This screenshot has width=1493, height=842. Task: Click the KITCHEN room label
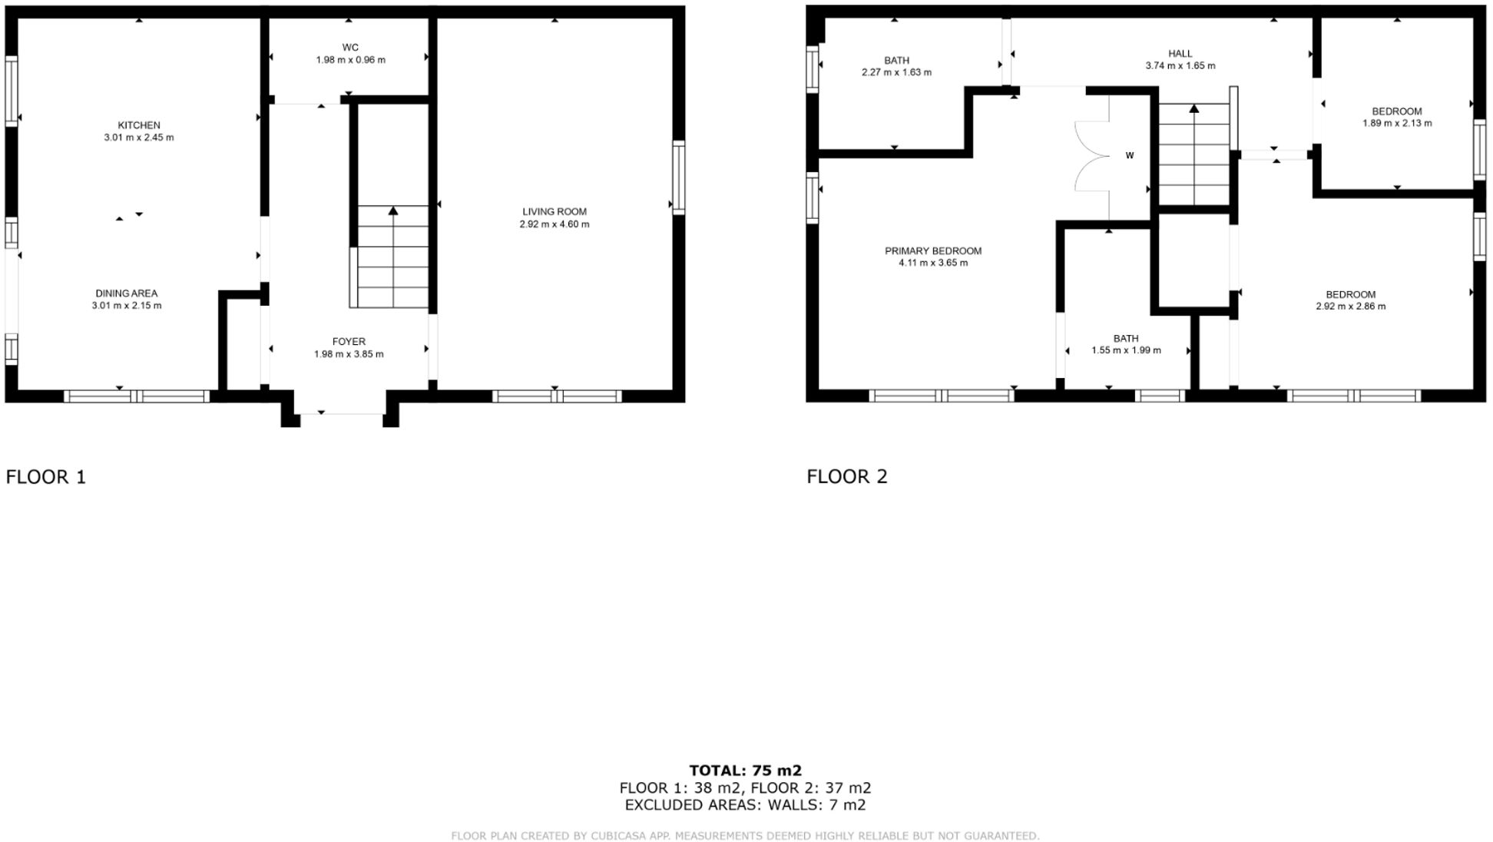coord(139,125)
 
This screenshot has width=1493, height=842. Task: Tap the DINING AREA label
coord(126,293)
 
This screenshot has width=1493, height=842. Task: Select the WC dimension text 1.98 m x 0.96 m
coord(350,60)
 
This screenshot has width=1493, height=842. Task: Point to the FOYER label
coord(349,342)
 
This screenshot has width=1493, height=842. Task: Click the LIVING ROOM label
coord(554,212)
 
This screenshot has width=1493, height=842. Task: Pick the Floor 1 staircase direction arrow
coord(393,210)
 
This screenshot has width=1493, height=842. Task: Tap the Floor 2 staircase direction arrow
coord(1193,109)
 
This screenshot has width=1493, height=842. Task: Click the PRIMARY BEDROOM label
coord(933,251)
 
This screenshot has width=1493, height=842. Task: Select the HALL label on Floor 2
coord(1180,54)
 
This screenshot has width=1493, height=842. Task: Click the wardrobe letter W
coord(1130,156)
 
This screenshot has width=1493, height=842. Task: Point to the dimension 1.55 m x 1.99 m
coord(1126,350)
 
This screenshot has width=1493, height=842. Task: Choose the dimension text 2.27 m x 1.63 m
coord(896,73)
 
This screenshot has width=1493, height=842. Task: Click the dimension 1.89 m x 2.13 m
coord(1397,123)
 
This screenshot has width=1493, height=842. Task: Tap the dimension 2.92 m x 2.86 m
coord(1350,307)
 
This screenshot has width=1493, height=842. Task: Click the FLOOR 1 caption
coord(46,477)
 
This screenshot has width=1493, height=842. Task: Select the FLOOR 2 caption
coord(846,476)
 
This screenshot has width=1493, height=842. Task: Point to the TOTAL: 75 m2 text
coord(745,771)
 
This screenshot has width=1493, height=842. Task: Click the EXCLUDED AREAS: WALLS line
coord(745,805)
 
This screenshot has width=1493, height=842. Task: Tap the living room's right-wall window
coord(679,177)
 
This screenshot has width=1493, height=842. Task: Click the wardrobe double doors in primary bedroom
coord(1092,156)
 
